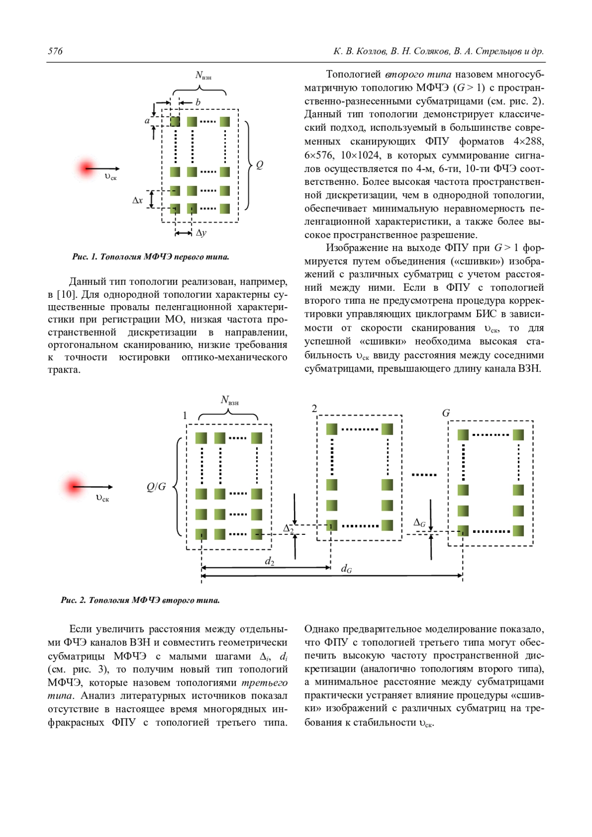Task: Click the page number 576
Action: click(x=55, y=51)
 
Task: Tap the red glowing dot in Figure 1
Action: click(x=87, y=168)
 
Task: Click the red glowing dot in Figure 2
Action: click(x=74, y=487)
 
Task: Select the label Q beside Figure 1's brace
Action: click(x=259, y=165)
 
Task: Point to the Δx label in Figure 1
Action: click(x=138, y=200)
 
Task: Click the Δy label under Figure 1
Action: click(x=201, y=233)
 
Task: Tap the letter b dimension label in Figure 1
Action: click(x=198, y=103)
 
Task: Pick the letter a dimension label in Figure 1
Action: click(x=147, y=120)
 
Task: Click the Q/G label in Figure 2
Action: click(x=156, y=487)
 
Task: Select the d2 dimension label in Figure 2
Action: click(x=269, y=561)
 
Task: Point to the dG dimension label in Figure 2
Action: click(x=347, y=569)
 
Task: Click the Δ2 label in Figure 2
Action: click(x=289, y=528)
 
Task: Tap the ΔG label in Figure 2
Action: click(x=419, y=523)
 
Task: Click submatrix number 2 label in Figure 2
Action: click(x=314, y=409)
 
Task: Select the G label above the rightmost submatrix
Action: click(x=446, y=413)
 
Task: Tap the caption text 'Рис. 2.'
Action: click(x=74, y=600)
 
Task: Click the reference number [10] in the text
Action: click(x=66, y=295)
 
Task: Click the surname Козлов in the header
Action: click(x=370, y=51)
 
